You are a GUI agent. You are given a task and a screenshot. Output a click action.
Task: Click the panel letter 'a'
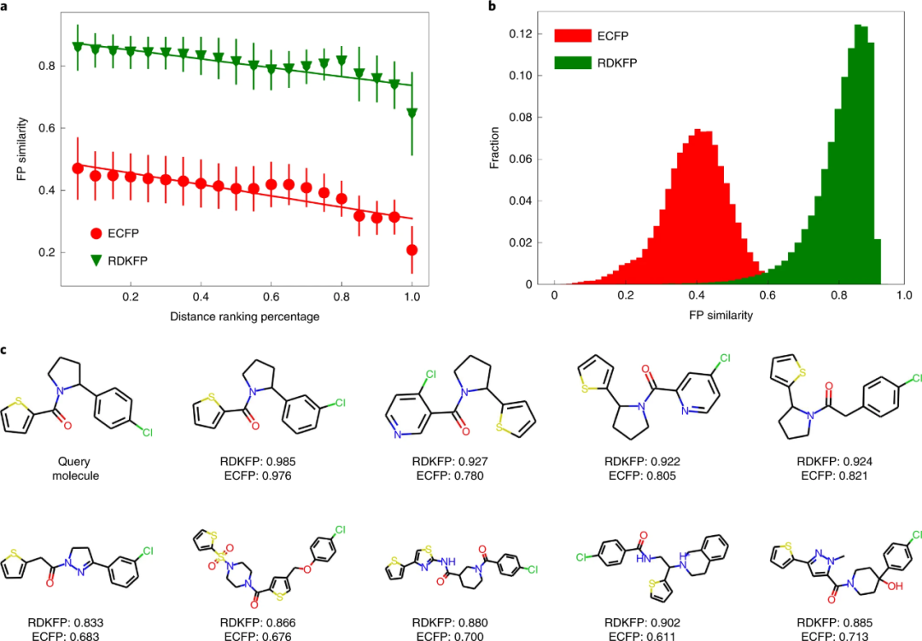coord(6,6)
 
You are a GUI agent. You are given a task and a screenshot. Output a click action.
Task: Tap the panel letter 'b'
coord(491,6)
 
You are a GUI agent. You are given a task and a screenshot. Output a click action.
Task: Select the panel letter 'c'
coord(6,349)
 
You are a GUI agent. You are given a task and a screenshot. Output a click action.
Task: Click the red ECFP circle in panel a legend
coord(97,232)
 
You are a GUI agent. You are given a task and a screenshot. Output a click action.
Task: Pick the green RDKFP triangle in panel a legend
coord(97,260)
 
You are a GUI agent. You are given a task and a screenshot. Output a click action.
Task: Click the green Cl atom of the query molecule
coord(147,434)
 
